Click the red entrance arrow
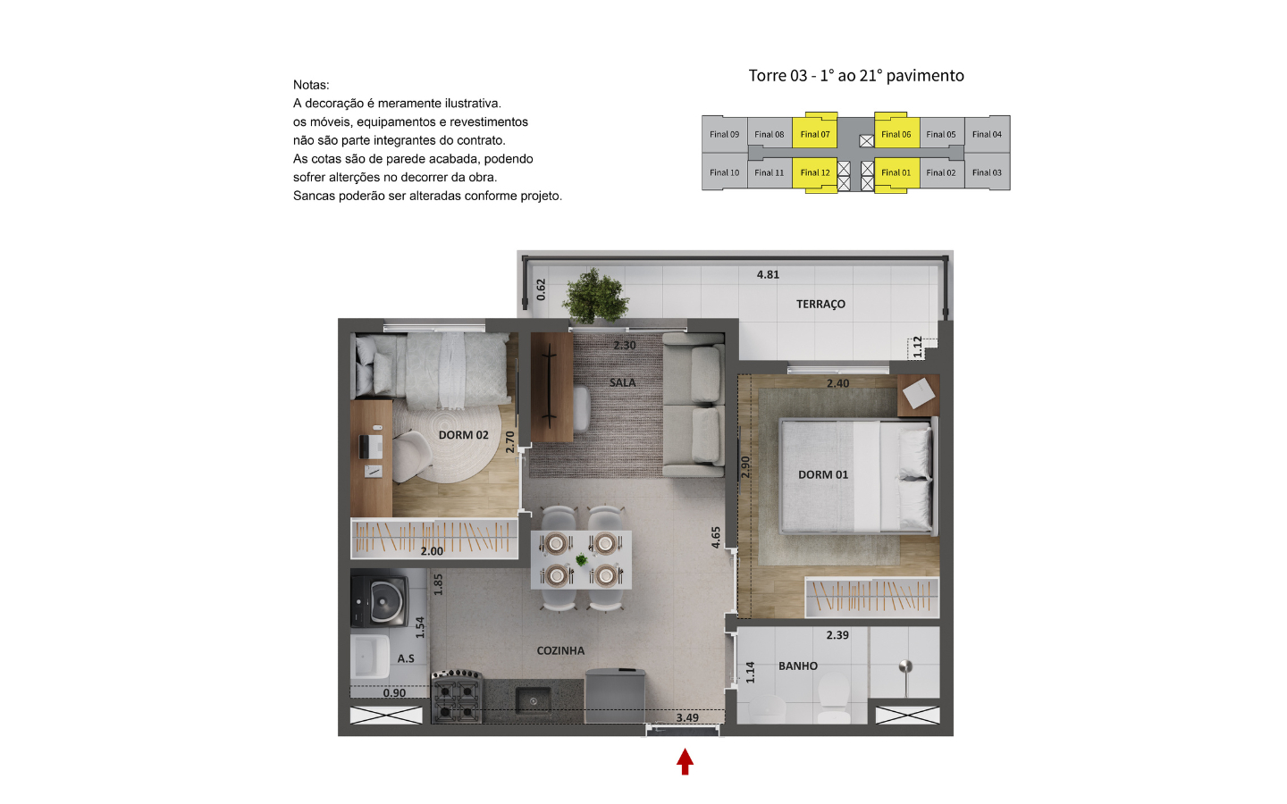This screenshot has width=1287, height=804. point(685,761)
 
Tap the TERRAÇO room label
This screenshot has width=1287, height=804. point(820,304)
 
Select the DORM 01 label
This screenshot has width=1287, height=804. point(823,474)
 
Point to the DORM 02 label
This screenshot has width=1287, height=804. point(463,435)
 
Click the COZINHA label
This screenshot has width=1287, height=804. point(560,650)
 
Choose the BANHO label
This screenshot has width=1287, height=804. point(797,666)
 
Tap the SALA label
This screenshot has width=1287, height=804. point(622,382)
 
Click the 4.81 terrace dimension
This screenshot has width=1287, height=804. point(768,274)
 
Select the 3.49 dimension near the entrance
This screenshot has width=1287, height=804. point(687,718)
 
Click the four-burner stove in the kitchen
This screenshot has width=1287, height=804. point(457,696)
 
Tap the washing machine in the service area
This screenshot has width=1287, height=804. point(380,599)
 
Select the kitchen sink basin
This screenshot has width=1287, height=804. point(534,700)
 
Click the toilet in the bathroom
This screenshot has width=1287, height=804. point(833,699)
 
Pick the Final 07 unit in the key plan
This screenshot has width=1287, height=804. point(815,134)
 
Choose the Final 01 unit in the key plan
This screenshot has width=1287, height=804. point(896,172)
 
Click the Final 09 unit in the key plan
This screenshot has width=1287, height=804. point(724,134)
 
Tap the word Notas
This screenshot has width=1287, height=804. point(311,85)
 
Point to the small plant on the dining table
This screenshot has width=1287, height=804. point(582,559)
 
